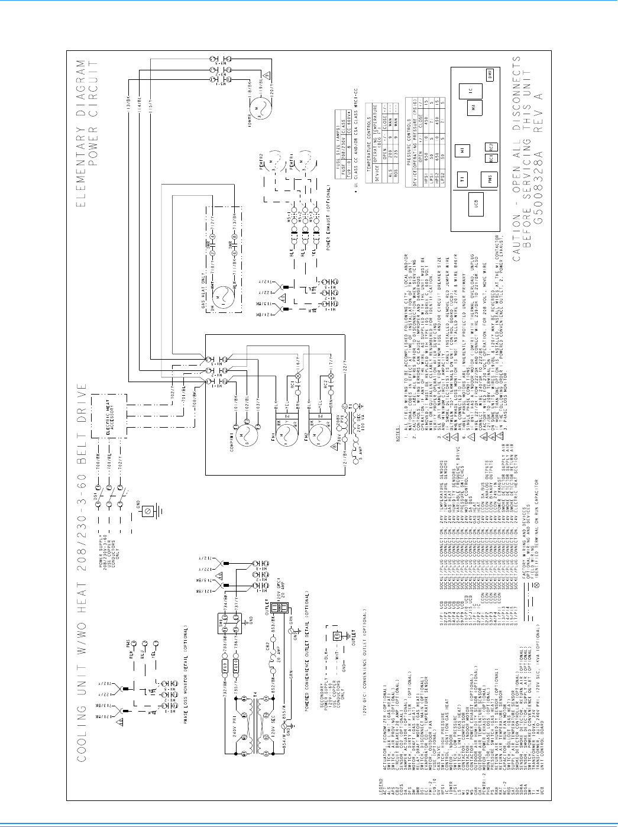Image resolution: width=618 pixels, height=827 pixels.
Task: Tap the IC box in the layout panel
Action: (471, 91)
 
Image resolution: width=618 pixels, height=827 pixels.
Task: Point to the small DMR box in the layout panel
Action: (490, 76)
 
